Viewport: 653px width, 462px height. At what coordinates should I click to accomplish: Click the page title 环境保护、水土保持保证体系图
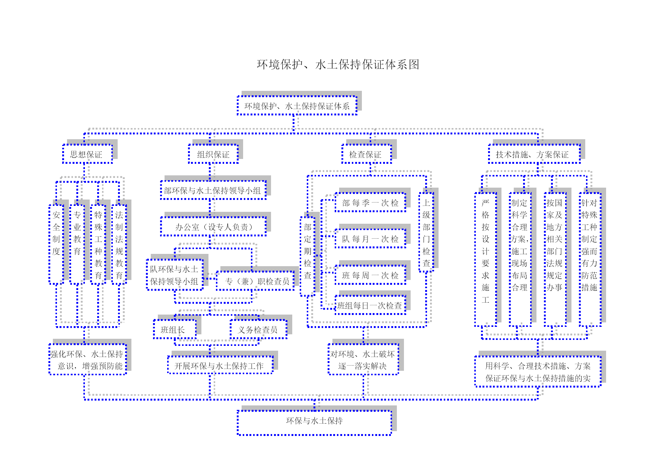coord(338,64)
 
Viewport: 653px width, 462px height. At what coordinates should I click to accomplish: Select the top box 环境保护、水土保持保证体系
coord(297,105)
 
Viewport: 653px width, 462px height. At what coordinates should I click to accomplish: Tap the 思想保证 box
coord(87,154)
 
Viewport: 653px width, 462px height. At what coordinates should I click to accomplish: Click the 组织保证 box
coord(213,154)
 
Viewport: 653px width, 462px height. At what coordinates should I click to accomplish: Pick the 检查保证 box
coord(367,154)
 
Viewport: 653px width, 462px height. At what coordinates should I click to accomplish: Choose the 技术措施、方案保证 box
coord(534,154)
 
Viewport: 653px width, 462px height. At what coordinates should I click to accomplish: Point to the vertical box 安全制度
coord(56,245)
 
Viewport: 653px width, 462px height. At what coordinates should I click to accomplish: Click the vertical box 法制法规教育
coord(119,245)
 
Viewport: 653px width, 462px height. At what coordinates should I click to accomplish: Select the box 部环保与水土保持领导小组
coord(213,190)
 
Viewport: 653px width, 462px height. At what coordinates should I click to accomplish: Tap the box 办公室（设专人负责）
coord(213,226)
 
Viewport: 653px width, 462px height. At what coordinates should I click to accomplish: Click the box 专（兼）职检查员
coord(255,281)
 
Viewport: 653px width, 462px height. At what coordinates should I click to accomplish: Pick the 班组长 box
coord(175,329)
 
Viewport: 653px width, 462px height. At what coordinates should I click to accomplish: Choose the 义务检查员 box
coord(259,329)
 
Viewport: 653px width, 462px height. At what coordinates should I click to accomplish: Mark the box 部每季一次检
coord(370,202)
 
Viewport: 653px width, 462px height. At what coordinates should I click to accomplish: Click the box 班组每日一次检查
coord(370,305)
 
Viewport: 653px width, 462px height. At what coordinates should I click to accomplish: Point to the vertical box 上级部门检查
coord(426,232)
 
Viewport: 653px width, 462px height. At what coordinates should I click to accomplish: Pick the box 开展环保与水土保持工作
coord(220,365)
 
